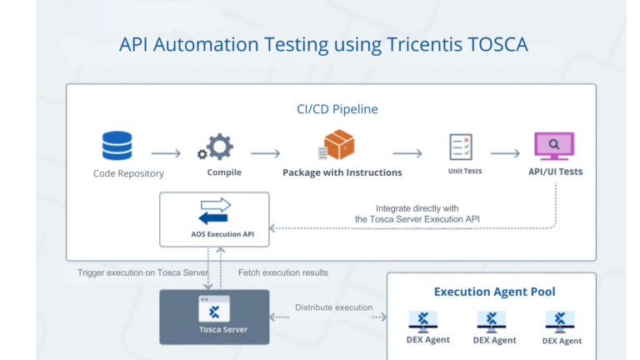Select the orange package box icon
click(x=337, y=146)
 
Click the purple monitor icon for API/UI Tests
click(x=553, y=147)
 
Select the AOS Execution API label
click(x=214, y=234)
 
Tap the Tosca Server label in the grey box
click(x=215, y=329)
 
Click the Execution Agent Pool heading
click(x=495, y=292)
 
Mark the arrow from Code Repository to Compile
click(x=167, y=153)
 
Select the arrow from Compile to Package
click(x=265, y=153)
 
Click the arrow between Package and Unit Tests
click(x=407, y=153)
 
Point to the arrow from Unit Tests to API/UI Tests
click(x=505, y=153)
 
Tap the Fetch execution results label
click(x=282, y=272)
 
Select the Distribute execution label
click(x=333, y=307)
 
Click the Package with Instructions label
click(x=342, y=172)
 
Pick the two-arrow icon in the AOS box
click(x=215, y=211)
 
